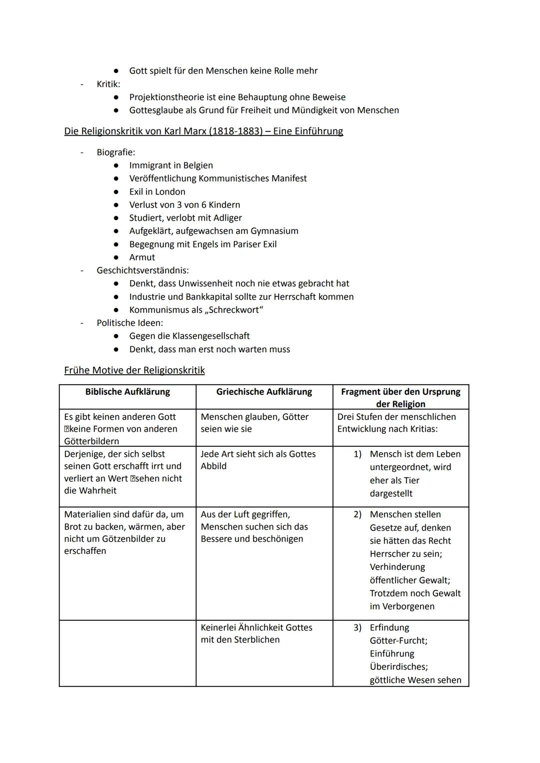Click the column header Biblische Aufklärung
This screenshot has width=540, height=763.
pyautogui.click(x=127, y=392)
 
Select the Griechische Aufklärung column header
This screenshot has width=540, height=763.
pyautogui.click(x=264, y=392)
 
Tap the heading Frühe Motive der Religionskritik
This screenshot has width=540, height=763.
pyautogui.click(x=134, y=370)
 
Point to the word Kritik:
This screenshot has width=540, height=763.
pyautogui.click(x=108, y=84)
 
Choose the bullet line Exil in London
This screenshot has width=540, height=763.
pyautogui.click(x=157, y=192)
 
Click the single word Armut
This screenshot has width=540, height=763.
pyautogui.click(x=142, y=257)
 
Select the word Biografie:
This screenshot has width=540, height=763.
pyautogui.click(x=116, y=152)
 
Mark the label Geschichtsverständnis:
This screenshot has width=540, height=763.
pyautogui.click(x=142, y=270)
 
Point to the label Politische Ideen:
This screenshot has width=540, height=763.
pyautogui.click(x=129, y=323)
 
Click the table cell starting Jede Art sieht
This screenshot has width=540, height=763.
pyautogui.click(x=258, y=460)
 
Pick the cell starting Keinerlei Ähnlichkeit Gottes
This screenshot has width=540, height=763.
pyautogui.click(x=256, y=633)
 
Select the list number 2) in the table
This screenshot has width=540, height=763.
pyautogui.click(x=357, y=514)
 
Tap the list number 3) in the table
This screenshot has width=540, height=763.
pyautogui.click(x=357, y=627)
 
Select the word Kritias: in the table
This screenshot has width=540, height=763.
pyautogui.click(x=420, y=429)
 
